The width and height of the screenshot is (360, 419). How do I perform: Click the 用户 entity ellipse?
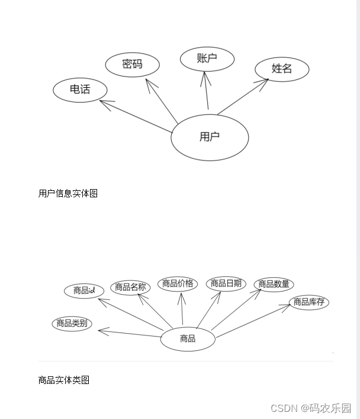click(210, 137)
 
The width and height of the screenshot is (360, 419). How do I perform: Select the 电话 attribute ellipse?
click(80, 90)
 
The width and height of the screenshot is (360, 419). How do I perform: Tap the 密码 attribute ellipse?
click(132, 64)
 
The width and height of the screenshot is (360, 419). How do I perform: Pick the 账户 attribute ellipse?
click(207, 59)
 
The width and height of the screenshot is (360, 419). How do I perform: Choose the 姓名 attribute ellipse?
click(282, 69)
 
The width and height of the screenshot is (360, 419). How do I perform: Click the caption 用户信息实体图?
click(68, 193)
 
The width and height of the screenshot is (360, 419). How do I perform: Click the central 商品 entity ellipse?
click(188, 339)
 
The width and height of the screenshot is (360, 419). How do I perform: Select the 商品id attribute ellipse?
click(84, 290)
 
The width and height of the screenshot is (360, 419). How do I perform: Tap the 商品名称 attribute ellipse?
click(130, 287)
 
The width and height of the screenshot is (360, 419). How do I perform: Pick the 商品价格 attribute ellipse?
click(178, 283)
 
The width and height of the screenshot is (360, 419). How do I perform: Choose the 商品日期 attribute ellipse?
click(226, 283)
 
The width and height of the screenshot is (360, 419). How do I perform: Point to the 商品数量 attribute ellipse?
click(274, 284)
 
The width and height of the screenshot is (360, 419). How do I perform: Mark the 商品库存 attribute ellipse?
click(308, 302)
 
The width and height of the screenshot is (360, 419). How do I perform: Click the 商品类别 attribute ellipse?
click(72, 324)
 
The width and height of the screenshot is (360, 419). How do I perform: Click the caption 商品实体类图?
click(64, 380)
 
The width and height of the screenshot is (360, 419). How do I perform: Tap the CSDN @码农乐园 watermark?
click(310, 408)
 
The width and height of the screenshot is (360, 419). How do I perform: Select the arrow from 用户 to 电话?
click(139, 113)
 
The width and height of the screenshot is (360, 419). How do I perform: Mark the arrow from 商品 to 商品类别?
click(130, 334)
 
